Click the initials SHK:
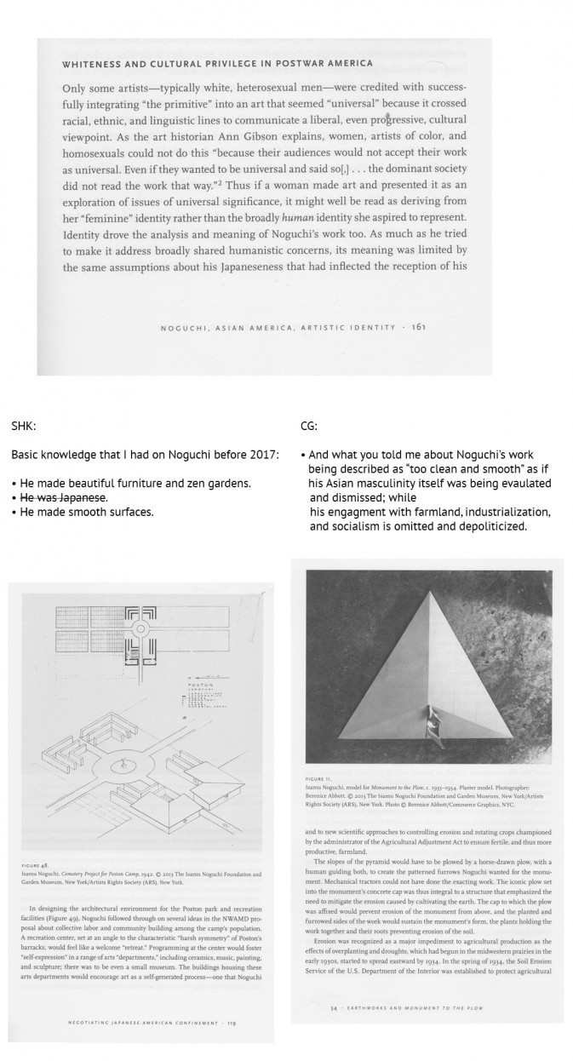coord(25,427)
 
